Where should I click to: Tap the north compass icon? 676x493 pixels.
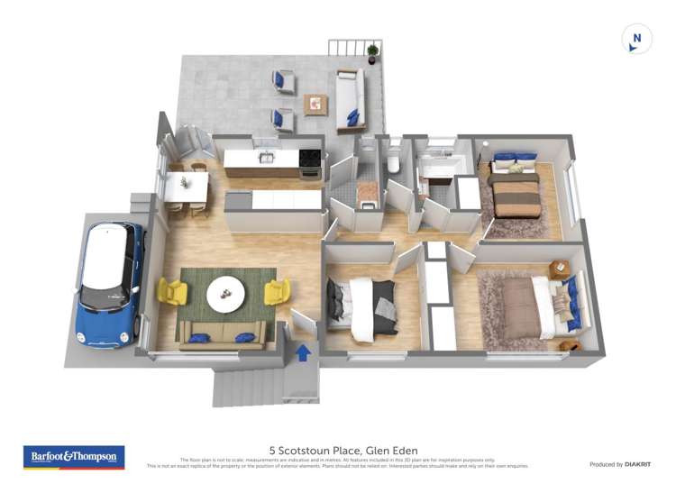point(637,39)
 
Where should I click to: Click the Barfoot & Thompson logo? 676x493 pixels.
point(73,457)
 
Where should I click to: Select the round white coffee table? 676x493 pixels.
point(224,292)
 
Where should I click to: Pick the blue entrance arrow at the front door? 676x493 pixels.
point(304,352)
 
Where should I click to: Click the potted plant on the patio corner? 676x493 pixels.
point(372,52)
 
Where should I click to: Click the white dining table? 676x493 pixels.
point(187,187)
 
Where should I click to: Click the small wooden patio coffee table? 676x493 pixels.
point(315,105)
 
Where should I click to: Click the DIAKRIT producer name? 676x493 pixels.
point(635,464)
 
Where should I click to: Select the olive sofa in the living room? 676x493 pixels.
point(222,335)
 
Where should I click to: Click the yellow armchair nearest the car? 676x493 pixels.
point(171,291)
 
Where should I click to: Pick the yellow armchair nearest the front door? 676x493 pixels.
point(277,291)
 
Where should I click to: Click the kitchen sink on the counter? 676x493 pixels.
point(267,158)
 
